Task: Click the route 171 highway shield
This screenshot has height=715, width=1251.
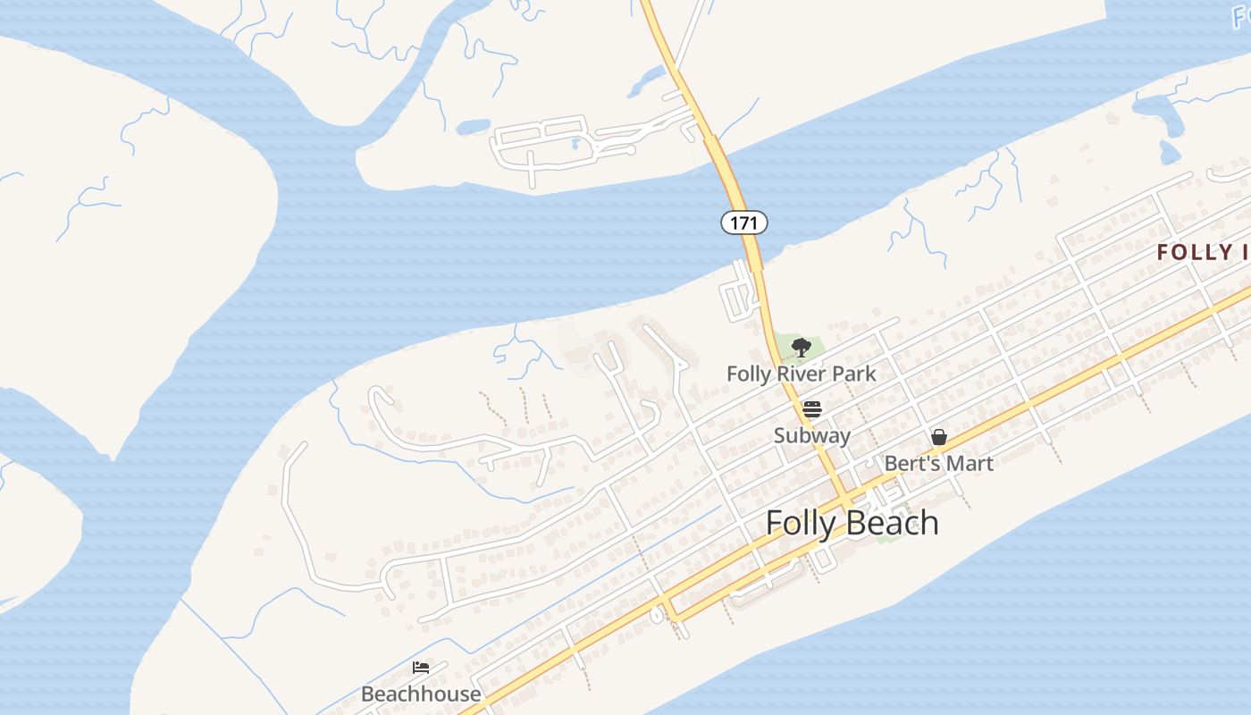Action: pos(743,223)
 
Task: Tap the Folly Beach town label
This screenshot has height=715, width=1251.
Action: pos(852,523)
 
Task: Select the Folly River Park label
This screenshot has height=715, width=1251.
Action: pos(801,374)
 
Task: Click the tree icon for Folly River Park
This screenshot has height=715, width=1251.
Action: pos(802,348)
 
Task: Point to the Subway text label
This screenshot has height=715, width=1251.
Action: pos(811,436)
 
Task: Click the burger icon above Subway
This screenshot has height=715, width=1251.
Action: pos(811,409)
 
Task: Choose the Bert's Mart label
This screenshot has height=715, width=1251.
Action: pos(938,463)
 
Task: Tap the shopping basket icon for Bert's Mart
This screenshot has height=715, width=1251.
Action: pos(938,437)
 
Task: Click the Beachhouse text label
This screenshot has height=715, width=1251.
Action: pos(421,694)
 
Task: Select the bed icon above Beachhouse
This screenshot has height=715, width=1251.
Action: pos(421,667)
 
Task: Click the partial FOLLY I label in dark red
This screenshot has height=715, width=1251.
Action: pos(1202,253)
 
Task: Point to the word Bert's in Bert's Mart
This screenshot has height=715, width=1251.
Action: pos(913,463)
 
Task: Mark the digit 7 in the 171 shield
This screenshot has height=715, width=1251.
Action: pos(743,223)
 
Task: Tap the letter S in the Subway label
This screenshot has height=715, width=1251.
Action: pos(779,436)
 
